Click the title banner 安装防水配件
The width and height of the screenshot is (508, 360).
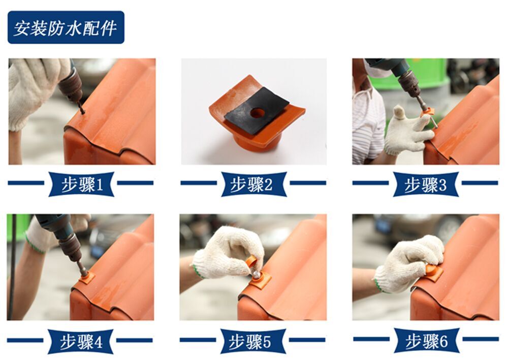[x=66, y=27]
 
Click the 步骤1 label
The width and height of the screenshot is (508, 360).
[x=81, y=184]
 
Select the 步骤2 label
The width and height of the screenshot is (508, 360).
[x=253, y=184]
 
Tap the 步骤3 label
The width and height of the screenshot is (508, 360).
[x=426, y=184]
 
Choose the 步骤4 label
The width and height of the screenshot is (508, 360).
[x=81, y=341]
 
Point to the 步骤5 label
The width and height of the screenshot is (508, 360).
[x=253, y=341]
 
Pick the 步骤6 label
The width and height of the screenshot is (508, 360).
[x=426, y=341]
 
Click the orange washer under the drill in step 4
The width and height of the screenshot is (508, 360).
[x=86, y=278]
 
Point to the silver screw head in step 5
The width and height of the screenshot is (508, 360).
[x=257, y=275]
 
